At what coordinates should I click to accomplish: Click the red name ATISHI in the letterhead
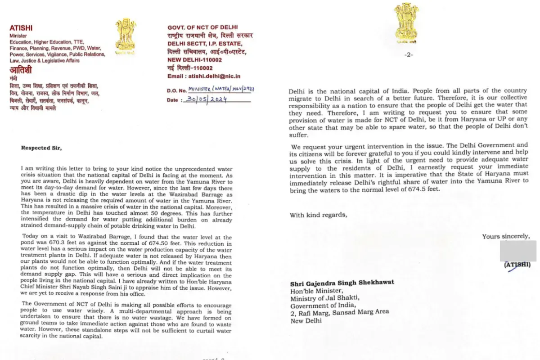pos(21,28)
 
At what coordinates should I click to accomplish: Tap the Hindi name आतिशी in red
pos(21,70)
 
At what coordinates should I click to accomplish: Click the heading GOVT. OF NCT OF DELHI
pos(203,27)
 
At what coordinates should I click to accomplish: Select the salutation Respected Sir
pos(39,147)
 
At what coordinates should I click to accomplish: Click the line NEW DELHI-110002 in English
pos(195,59)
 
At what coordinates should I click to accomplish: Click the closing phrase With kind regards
pos(318,215)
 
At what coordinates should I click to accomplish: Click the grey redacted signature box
pos(518,250)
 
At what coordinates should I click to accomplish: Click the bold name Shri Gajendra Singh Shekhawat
pos(342,283)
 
